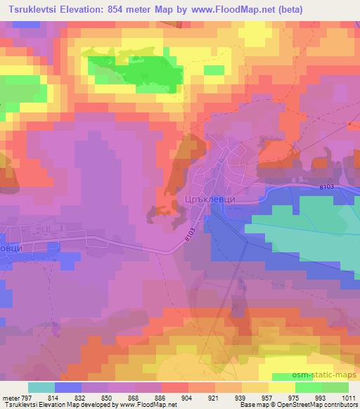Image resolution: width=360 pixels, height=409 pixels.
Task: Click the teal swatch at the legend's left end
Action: coord(41,387)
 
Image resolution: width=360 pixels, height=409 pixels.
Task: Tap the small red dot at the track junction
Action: coord(349,124)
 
